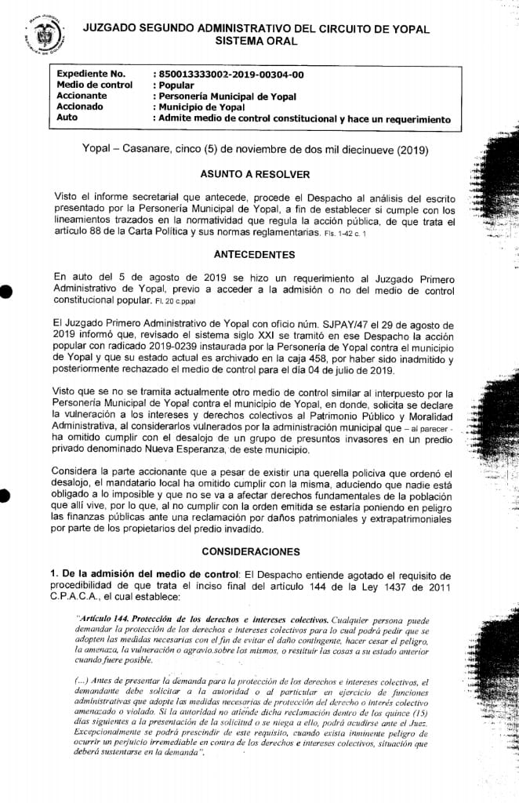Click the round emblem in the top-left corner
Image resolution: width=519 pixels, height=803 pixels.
[x=31, y=31]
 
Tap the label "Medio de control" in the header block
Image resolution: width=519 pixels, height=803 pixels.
[x=95, y=85]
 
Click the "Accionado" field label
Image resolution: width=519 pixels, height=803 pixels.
[x=83, y=107]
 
